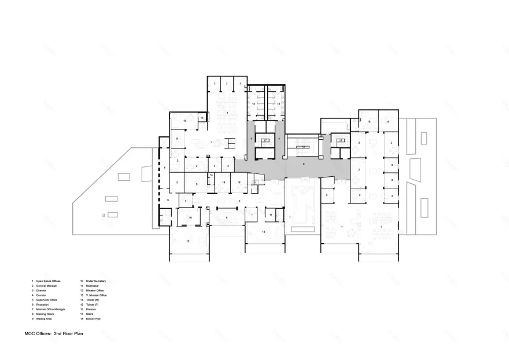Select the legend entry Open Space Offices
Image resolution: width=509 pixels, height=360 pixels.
tap(47, 281)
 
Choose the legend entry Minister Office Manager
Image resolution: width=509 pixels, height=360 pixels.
tap(50, 309)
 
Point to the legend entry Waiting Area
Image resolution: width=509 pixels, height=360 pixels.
tap(45, 319)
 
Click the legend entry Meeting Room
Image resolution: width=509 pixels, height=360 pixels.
tap(45, 314)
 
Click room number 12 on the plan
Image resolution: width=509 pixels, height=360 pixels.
tap(187, 240)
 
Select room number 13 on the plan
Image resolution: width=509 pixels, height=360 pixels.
tap(263, 231)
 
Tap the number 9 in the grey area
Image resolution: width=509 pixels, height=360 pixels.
tap(303, 164)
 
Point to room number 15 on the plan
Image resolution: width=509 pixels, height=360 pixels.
tap(278, 103)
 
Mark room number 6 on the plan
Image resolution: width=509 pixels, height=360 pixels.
tap(168, 199)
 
